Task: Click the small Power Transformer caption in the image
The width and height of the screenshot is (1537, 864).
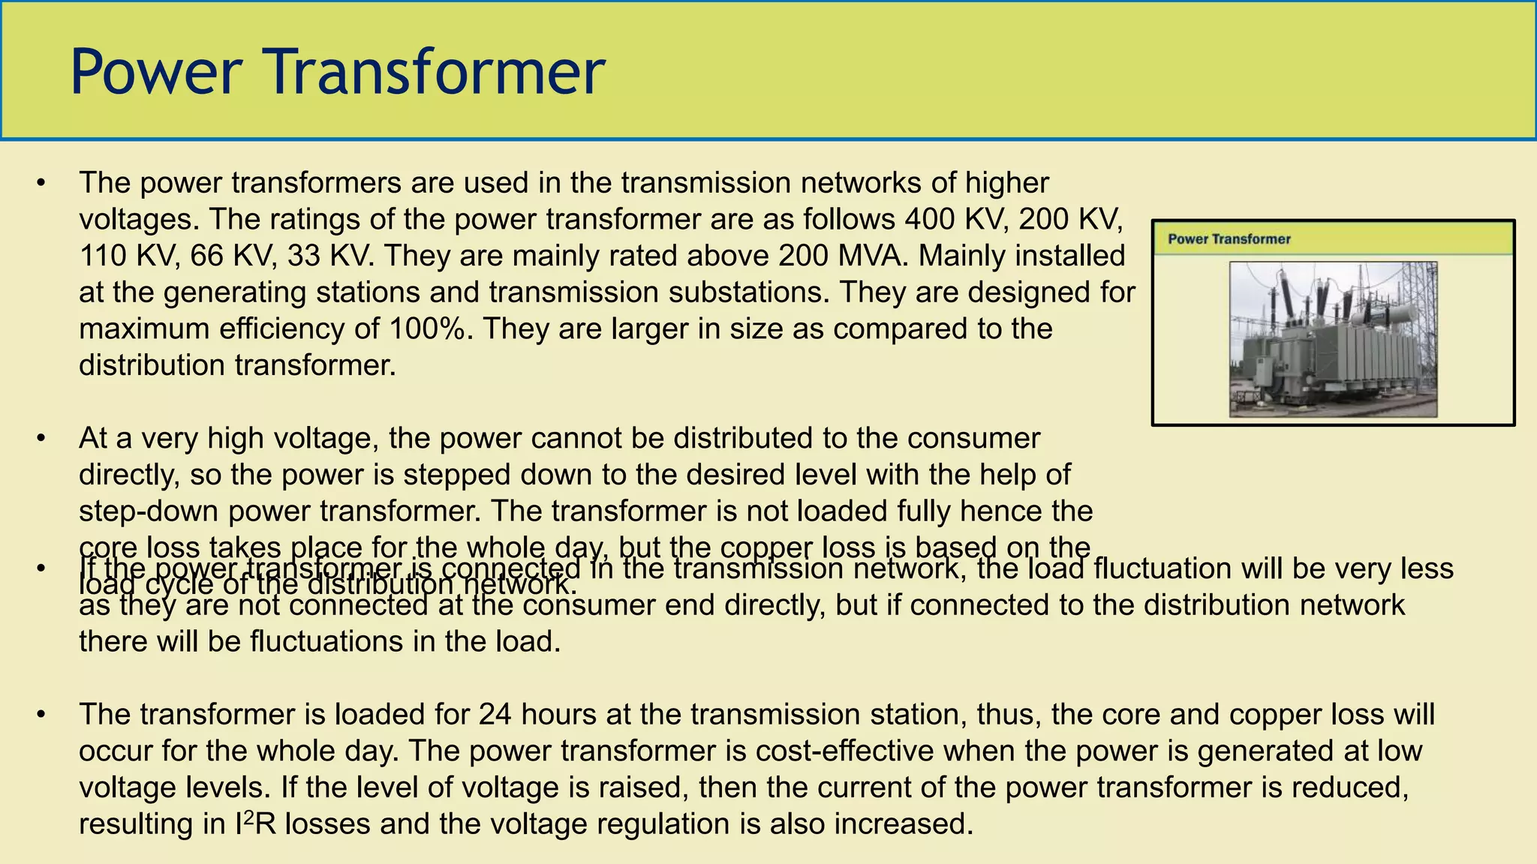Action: click(1229, 239)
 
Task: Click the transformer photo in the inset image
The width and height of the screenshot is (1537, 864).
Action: click(1333, 339)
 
